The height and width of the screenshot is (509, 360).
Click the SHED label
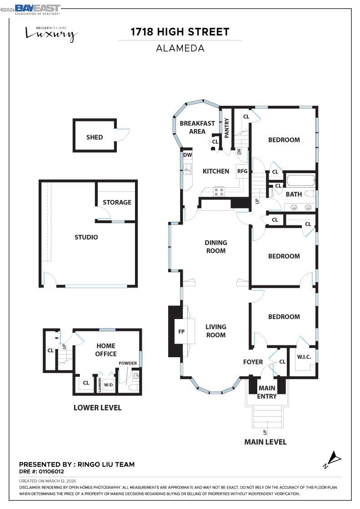[95, 137]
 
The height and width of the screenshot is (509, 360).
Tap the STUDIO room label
[86, 237]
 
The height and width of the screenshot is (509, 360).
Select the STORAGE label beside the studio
[117, 202]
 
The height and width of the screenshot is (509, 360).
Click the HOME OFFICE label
[106, 350]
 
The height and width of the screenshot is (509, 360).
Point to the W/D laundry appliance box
[108, 385]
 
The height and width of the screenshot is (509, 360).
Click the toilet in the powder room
[132, 388]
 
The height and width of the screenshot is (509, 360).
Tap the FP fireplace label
[181, 331]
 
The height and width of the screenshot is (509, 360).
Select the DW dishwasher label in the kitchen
[187, 155]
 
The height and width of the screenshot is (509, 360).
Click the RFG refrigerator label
[242, 171]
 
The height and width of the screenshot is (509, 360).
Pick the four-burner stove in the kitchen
[219, 192]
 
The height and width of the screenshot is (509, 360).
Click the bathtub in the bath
[300, 181]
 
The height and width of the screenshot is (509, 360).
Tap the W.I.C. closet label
[304, 357]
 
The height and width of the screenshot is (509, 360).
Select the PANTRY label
[227, 128]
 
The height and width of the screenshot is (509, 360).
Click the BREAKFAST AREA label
[197, 128]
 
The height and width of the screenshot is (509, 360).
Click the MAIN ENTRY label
[267, 392]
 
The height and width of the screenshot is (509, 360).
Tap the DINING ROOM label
[215, 247]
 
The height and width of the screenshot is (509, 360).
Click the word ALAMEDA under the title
[180, 48]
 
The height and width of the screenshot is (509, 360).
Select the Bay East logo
[37, 9]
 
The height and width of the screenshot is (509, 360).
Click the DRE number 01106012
[45, 472]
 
